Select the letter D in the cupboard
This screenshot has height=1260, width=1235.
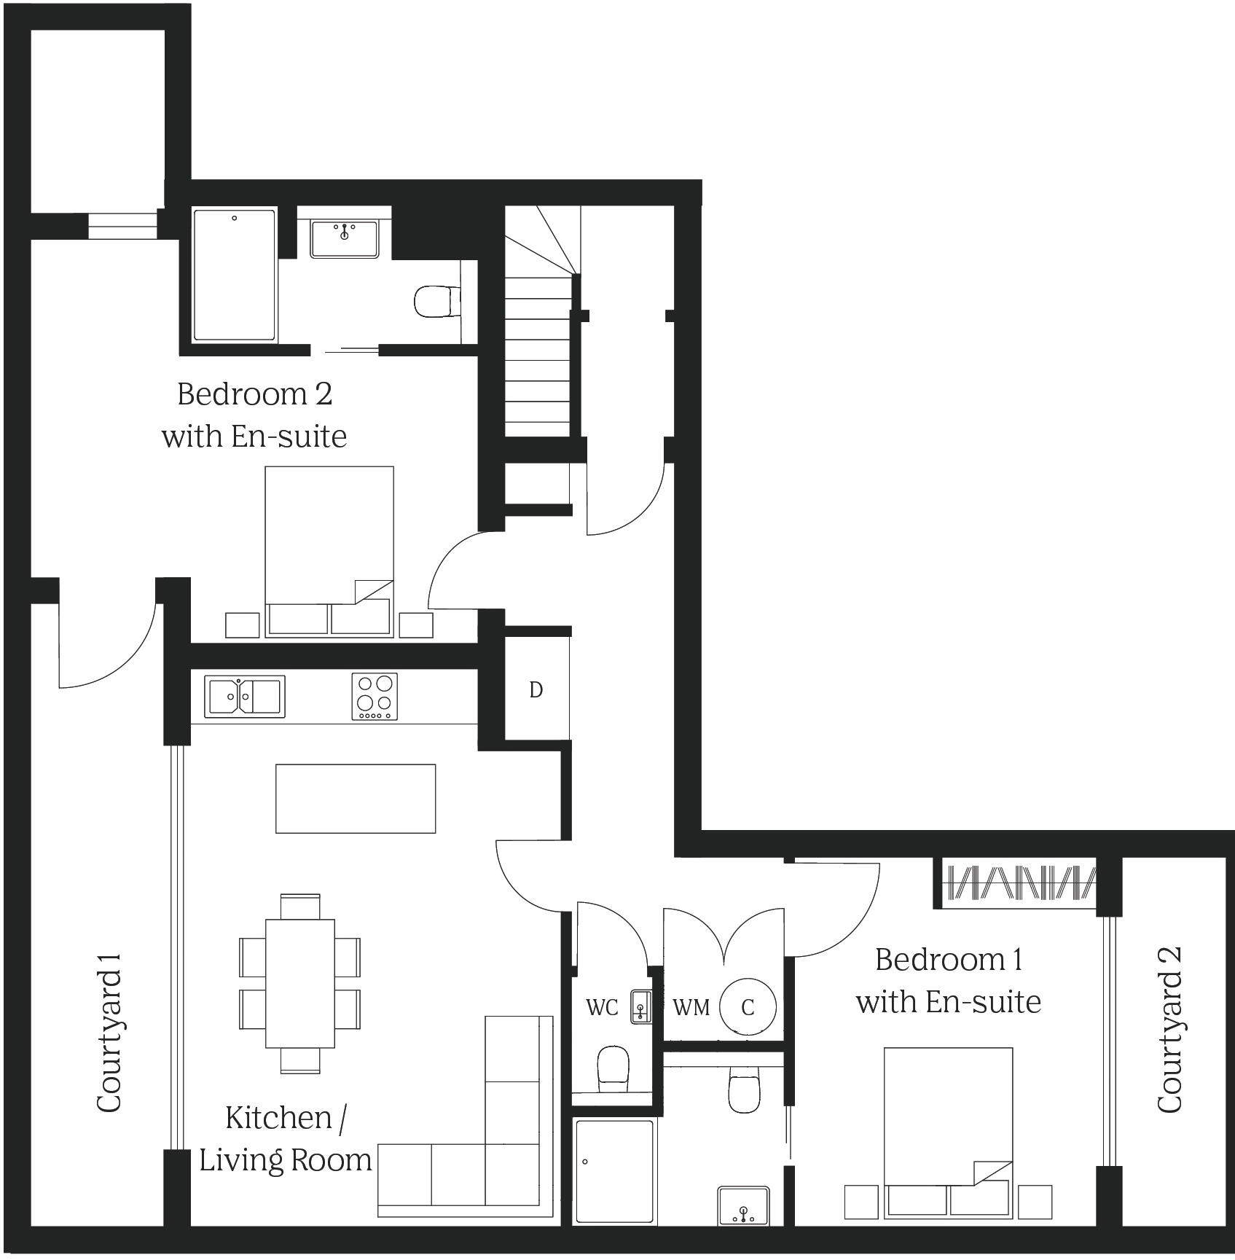click(536, 689)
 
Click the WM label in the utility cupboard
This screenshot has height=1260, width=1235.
click(691, 1007)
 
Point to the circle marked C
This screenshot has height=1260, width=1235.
click(748, 1006)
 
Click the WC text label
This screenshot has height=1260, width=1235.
click(602, 1007)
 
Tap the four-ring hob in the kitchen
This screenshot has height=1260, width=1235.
click(375, 696)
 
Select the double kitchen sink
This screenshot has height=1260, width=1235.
click(244, 696)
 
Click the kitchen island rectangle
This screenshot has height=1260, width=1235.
click(356, 798)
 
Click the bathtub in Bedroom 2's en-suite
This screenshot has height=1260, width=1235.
click(235, 275)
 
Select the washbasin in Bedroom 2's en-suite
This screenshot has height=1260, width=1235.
click(345, 238)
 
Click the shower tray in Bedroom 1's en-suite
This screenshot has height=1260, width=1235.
click(614, 1175)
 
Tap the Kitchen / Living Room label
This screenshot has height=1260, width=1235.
click(286, 1139)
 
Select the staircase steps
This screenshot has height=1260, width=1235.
click(538, 350)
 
